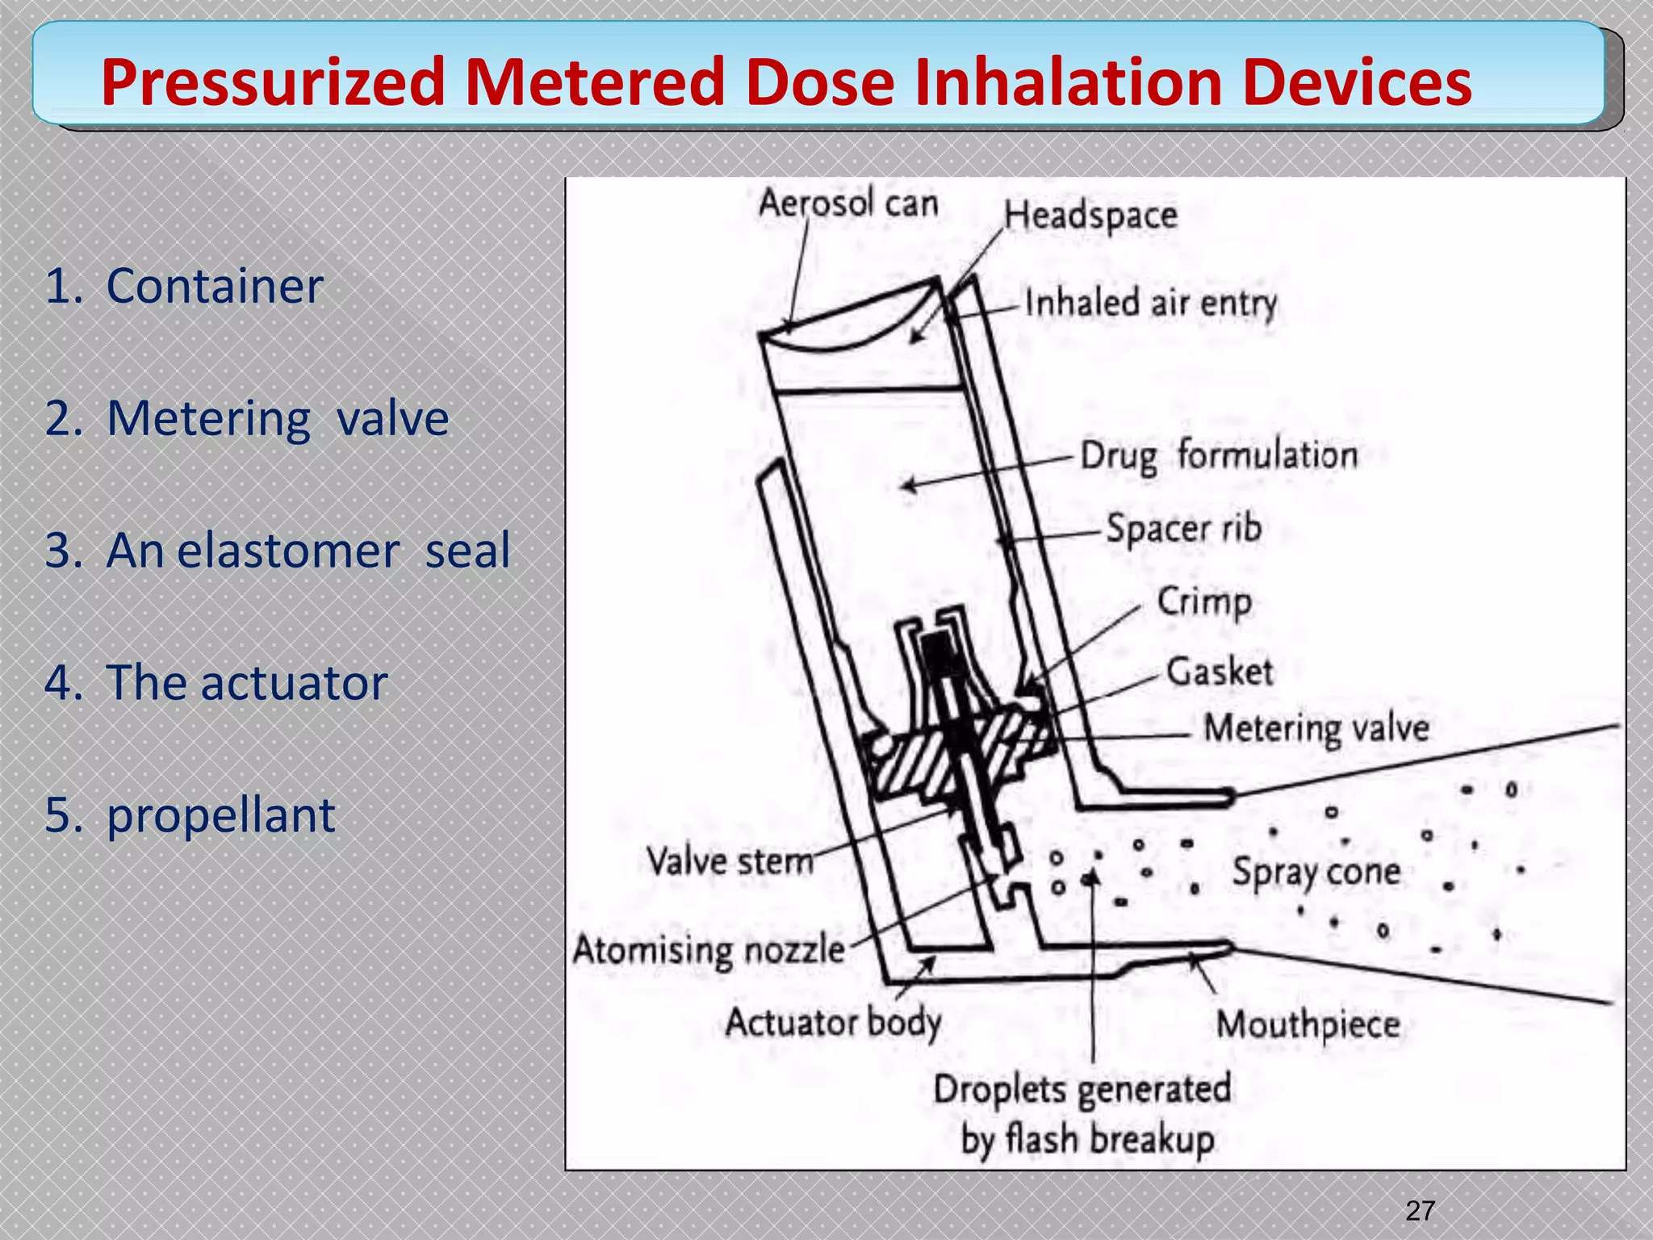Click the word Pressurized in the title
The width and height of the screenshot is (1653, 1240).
pyautogui.click(x=273, y=82)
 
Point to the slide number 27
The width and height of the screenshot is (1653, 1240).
pyautogui.click(x=1420, y=1211)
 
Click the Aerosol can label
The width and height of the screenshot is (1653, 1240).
pyautogui.click(x=847, y=203)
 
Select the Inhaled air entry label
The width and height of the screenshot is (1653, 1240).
pyautogui.click(x=1151, y=304)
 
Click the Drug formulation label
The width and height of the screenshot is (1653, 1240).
pyautogui.click(x=1219, y=455)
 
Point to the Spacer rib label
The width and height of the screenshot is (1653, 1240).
pyautogui.click(x=1183, y=529)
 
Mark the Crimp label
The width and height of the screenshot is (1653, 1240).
pyautogui.click(x=1204, y=601)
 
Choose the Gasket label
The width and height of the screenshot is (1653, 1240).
pyautogui.click(x=1220, y=672)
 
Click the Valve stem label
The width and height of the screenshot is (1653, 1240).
pyautogui.click(x=730, y=861)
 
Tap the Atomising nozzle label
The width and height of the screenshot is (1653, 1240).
pyautogui.click(x=709, y=949)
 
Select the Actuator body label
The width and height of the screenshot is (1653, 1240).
pyautogui.click(x=833, y=1023)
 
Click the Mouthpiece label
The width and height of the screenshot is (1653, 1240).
pyautogui.click(x=1308, y=1024)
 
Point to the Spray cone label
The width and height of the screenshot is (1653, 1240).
pyautogui.click(x=1316, y=872)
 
